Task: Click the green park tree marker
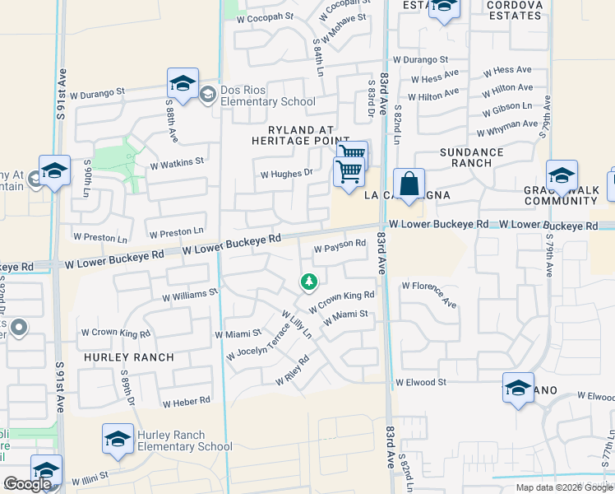309,282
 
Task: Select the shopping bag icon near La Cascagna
408,184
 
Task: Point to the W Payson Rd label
340,245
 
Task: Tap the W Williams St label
190,293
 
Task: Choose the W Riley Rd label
292,370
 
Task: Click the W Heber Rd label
187,402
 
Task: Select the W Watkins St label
176,162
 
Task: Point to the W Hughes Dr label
286,174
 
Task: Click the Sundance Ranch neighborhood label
471,157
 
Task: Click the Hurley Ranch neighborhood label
128,357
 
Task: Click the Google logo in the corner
27,484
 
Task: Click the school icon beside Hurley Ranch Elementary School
118,440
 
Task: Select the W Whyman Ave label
507,128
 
